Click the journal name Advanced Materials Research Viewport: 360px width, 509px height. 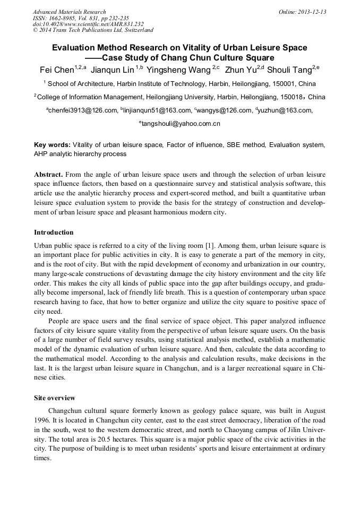pos(69,11)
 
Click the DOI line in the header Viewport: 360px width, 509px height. pos(88,24)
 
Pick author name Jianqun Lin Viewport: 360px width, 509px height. pos(112,70)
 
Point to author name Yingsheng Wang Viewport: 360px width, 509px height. pos(179,70)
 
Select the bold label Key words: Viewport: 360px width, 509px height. pos(52,144)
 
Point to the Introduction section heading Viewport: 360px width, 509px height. pos(54,232)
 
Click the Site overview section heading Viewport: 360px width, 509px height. pos(55,398)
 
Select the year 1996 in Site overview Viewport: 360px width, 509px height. pos(42,420)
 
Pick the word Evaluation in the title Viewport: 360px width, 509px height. pos(73,48)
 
